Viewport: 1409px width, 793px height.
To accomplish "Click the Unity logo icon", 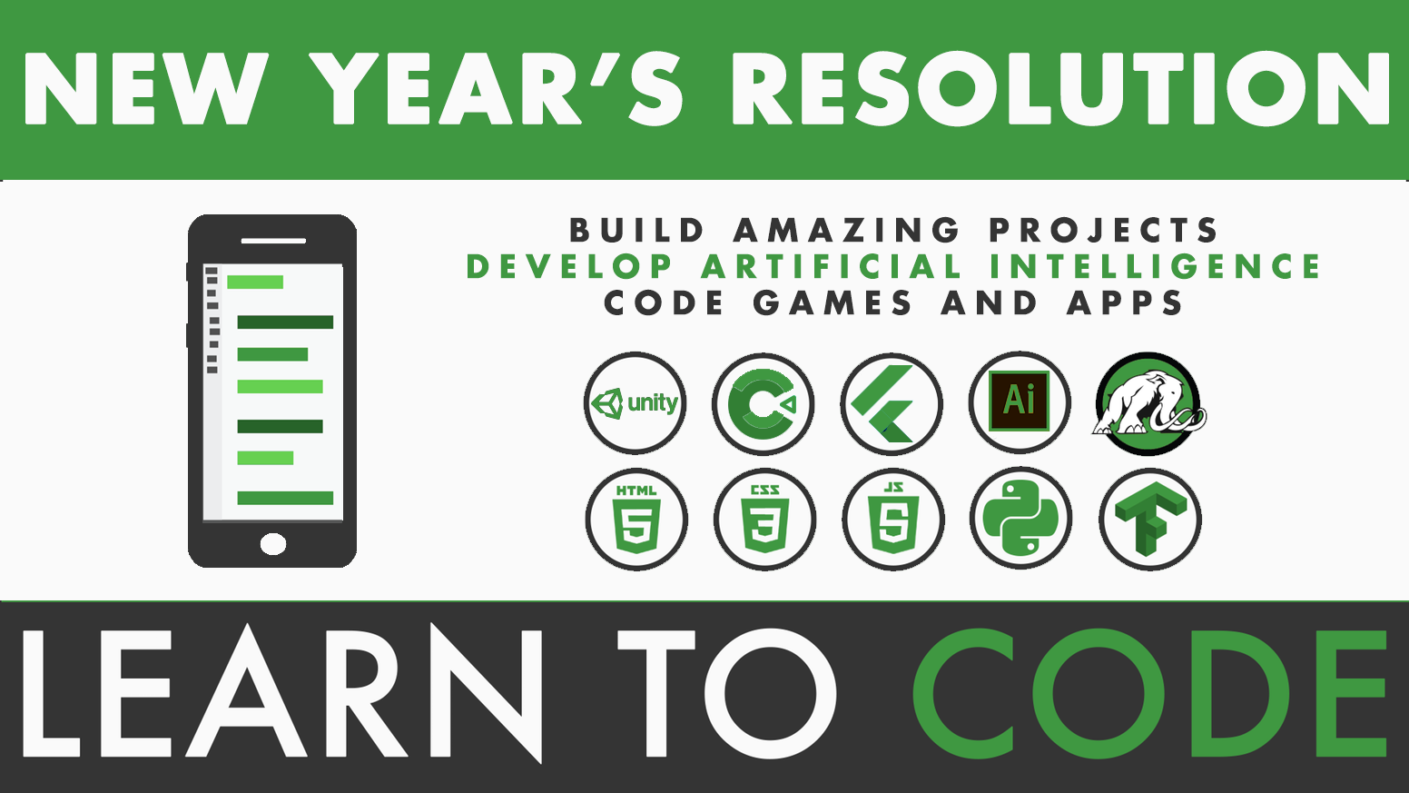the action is point(635,402).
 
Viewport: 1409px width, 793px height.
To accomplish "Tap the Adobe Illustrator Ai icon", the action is point(1020,402).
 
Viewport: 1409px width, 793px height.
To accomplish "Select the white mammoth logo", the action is point(1148,403).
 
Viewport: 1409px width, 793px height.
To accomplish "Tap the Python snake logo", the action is point(1021,518).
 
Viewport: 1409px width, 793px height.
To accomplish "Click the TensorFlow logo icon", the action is point(1150,520).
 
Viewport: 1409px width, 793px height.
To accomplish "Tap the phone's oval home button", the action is point(273,544).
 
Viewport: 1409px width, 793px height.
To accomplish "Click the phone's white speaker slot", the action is point(273,241).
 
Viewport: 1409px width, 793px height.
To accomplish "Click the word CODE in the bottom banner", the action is point(1150,692).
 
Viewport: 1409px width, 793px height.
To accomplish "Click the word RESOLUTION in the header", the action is point(1059,89).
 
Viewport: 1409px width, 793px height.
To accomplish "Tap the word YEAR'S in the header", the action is point(496,89).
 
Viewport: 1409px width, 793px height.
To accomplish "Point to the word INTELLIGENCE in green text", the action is point(1155,265).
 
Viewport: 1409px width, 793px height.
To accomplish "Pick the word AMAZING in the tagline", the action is point(847,230).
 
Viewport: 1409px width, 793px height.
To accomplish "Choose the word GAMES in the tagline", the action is point(833,302).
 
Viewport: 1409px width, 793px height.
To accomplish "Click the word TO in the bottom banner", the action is point(727,692).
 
